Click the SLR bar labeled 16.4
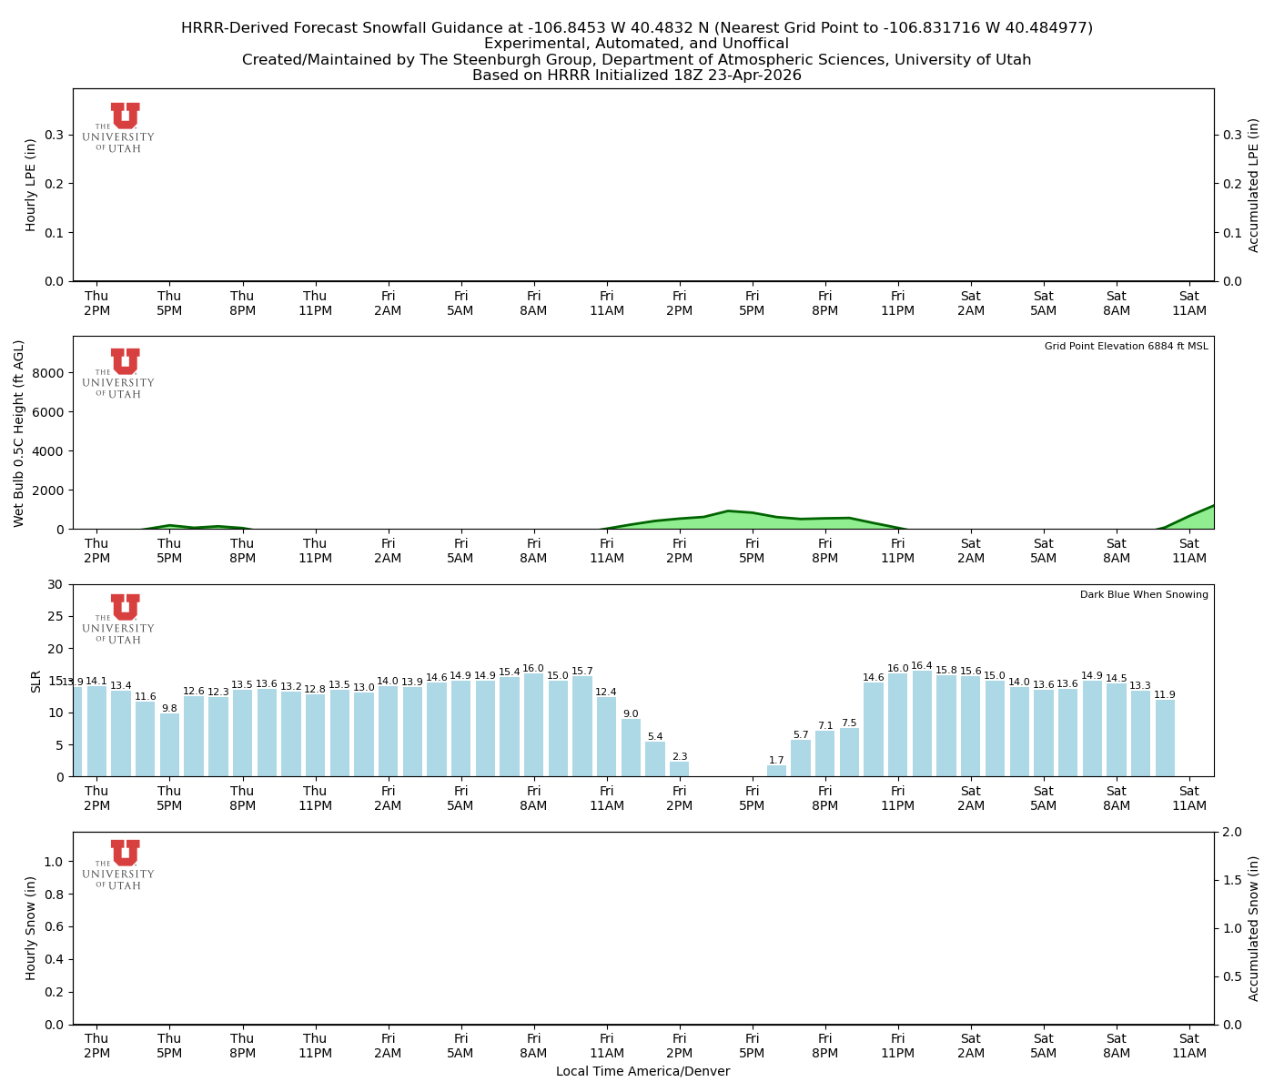coord(922,724)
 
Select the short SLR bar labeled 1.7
coord(776,771)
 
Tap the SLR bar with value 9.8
coord(169,744)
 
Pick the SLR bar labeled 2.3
coord(680,769)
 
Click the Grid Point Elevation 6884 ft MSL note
coord(1126,347)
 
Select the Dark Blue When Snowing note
coord(1144,595)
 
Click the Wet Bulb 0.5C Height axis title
coord(19,433)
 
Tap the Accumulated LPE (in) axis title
coord(1254,185)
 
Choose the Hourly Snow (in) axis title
coord(31,928)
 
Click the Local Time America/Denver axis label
coord(642,1072)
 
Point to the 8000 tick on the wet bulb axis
coord(51,373)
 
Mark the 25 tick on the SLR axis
coord(56,616)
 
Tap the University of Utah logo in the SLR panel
coord(119,619)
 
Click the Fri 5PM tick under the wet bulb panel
coord(752,551)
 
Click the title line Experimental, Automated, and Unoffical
coord(636,44)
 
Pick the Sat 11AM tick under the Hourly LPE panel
coord(1188,303)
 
